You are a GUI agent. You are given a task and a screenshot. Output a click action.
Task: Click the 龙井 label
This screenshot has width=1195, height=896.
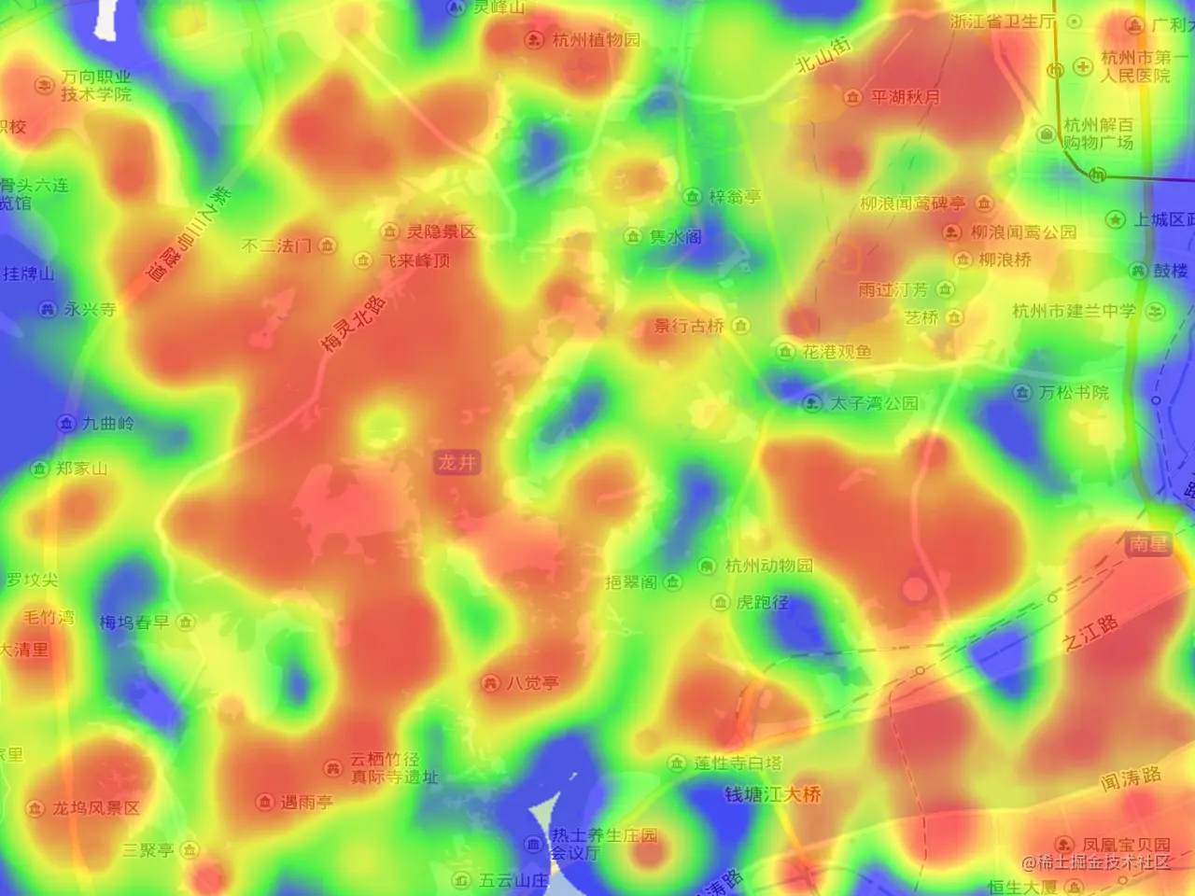457,462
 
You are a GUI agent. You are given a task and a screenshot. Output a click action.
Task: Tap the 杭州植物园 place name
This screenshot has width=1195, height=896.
596,39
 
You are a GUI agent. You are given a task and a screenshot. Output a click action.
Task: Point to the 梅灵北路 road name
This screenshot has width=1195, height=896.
352,324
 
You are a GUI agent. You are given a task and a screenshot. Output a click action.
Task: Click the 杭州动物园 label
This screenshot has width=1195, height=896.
768,566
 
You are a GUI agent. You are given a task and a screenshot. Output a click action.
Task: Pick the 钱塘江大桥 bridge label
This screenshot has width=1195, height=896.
773,794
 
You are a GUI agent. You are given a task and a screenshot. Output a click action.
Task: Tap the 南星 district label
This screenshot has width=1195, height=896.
1147,543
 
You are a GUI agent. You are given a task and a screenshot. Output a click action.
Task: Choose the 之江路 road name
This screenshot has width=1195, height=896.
1090,633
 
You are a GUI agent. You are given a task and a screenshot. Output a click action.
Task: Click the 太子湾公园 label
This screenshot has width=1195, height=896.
874,403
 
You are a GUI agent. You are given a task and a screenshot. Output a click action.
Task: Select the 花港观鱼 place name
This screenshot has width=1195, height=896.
836,352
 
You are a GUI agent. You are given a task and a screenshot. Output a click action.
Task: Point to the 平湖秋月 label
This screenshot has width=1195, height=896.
905,97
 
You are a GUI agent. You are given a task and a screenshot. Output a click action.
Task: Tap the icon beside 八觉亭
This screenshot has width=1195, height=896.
490,683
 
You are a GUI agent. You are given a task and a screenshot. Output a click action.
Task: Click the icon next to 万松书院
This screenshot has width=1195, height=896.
1022,393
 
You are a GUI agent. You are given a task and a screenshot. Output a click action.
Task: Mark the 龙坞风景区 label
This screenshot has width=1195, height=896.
95,808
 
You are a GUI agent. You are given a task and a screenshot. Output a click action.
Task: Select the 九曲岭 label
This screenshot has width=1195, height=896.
107,424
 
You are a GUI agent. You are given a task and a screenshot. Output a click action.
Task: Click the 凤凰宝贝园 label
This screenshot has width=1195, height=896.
1125,845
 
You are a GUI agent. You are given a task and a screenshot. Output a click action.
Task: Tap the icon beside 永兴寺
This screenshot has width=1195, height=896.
48,309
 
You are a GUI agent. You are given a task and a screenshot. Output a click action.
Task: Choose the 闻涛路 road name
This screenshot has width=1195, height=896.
1130,778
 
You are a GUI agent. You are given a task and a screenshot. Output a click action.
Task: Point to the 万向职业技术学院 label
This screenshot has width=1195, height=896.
96,86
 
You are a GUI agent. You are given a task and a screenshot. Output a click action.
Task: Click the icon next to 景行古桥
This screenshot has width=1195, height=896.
741,326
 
